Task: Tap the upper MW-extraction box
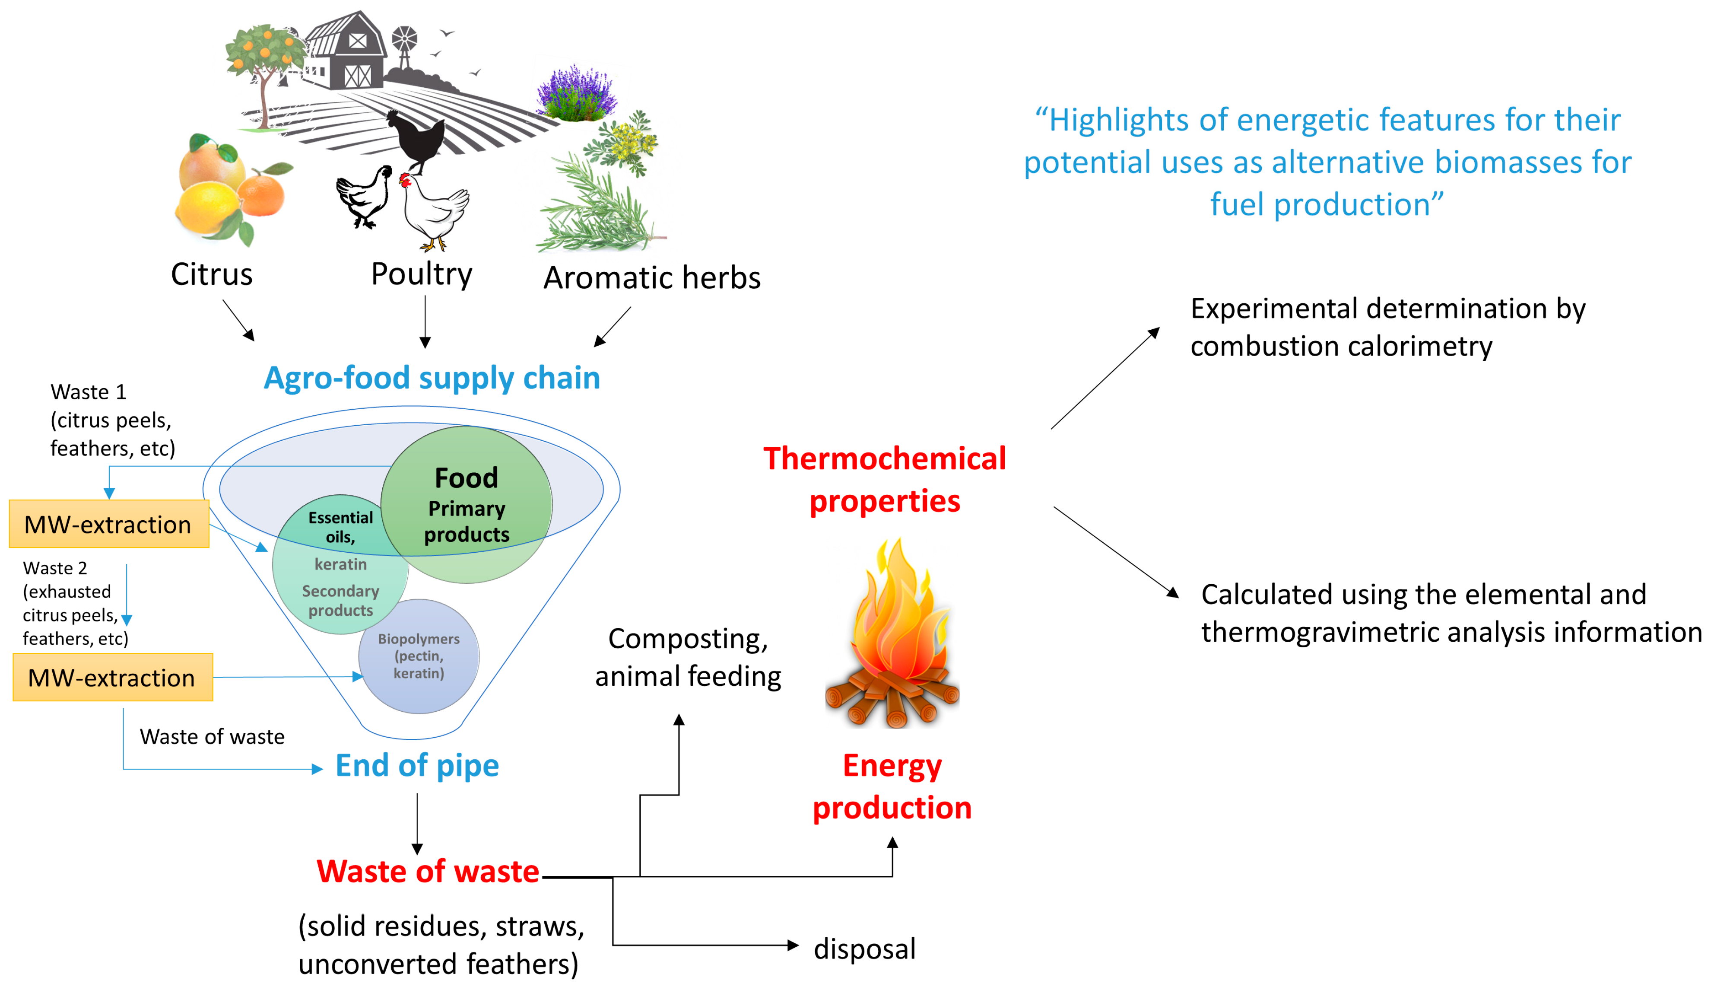click(109, 524)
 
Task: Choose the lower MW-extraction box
click(113, 677)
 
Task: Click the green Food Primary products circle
click(466, 505)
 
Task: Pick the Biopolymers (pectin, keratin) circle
click(419, 656)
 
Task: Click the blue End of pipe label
click(417, 766)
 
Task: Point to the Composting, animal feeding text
click(688, 658)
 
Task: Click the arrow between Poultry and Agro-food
click(425, 322)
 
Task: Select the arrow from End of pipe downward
click(417, 823)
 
